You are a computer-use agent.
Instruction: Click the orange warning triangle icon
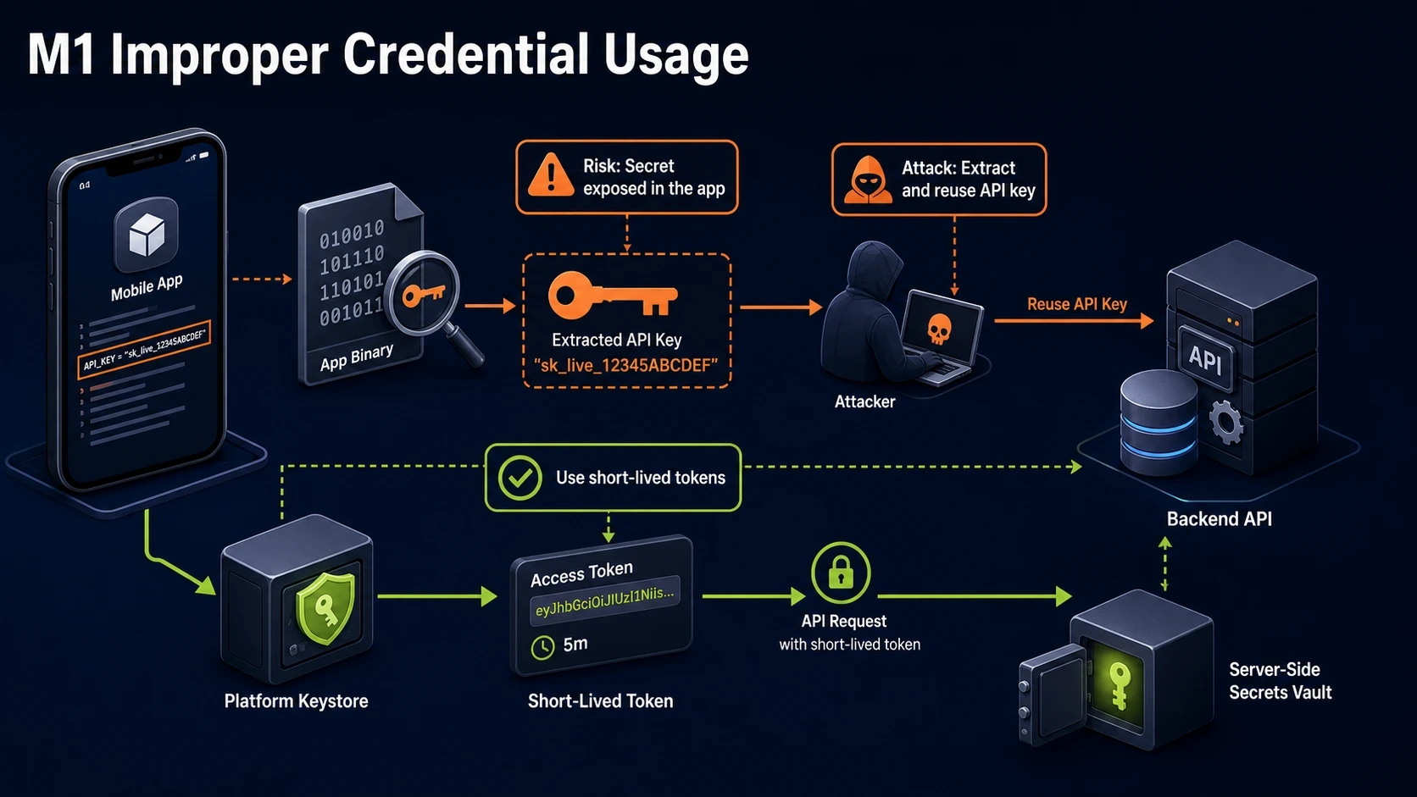point(551,174)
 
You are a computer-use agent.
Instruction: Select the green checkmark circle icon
point(520,478)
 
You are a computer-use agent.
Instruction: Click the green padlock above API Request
point(841,573)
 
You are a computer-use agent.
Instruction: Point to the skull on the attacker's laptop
point(939,329)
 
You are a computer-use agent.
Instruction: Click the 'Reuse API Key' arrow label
point(1076,304)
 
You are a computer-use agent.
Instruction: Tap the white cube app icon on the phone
point(147,234)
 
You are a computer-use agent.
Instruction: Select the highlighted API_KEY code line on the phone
point(144,350)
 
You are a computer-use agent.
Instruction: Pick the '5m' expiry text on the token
point(575,644)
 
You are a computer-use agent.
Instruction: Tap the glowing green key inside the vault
point(1118,685)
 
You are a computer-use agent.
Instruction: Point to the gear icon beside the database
point(1226,422)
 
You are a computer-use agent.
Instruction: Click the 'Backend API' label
point(1219,519)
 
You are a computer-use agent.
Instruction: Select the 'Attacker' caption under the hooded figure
point(864,401)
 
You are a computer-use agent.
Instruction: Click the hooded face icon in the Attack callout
point(868,180)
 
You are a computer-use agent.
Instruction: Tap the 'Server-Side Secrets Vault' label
point(1280,681)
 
